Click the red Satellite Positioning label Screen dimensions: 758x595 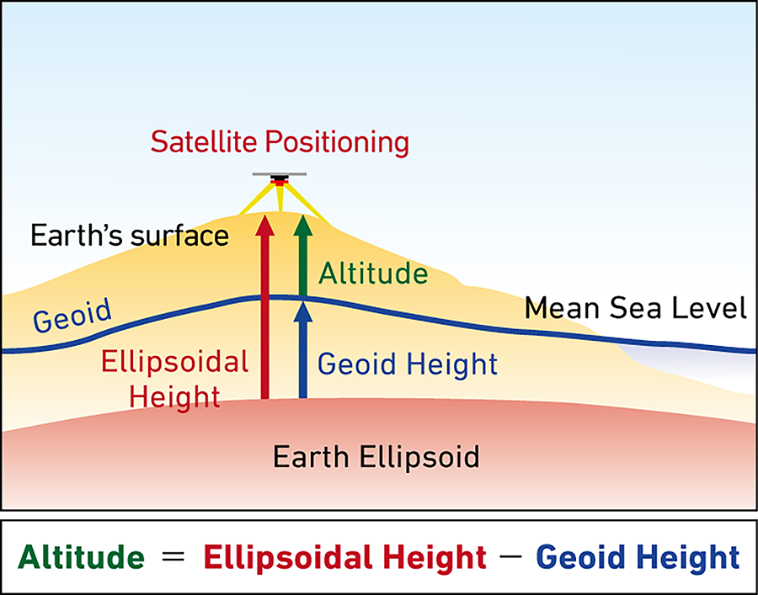tap(280, 142)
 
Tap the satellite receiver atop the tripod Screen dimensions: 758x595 tap(280, 178)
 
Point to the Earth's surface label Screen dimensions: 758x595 tap(130, 235)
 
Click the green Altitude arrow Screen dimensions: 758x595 tap(303, 255)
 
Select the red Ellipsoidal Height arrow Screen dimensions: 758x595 tap(265, 306)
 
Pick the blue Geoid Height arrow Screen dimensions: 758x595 tap(303, 349)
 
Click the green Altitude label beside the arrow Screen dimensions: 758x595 tap(373, 274)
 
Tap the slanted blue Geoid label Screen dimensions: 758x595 tap(72, 315)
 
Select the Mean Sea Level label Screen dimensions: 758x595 tap(636, 308)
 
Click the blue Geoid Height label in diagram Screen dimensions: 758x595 tap(408, 364)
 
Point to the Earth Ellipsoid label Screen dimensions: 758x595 tap(376, 457)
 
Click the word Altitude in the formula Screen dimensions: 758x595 tap(81, 557)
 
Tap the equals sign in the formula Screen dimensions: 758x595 tap(173, 555)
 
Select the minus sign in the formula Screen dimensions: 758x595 tap(512, 555)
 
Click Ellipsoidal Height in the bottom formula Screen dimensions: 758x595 tap(344, 558)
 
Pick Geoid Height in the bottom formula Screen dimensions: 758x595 tap(638, 558)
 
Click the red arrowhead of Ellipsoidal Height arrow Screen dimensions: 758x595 tap(265, 225)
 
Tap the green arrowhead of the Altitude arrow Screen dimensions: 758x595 tap(303, 225)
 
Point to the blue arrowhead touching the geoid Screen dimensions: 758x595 tap(303, 312)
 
